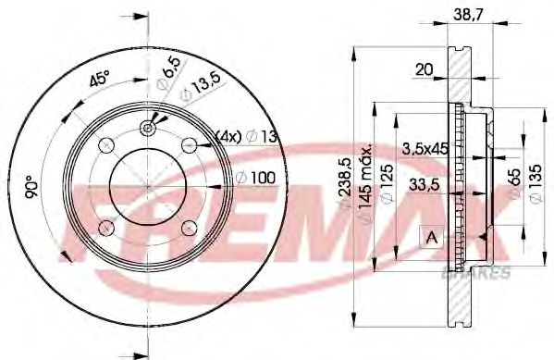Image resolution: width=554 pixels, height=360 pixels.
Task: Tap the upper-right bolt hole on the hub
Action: [190, 143]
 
